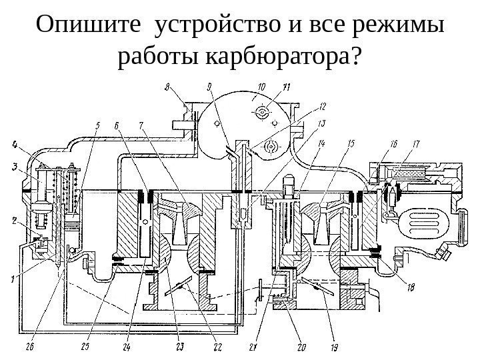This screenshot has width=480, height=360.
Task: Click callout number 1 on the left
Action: [14, 280]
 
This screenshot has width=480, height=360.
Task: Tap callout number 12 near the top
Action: [322, 105]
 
